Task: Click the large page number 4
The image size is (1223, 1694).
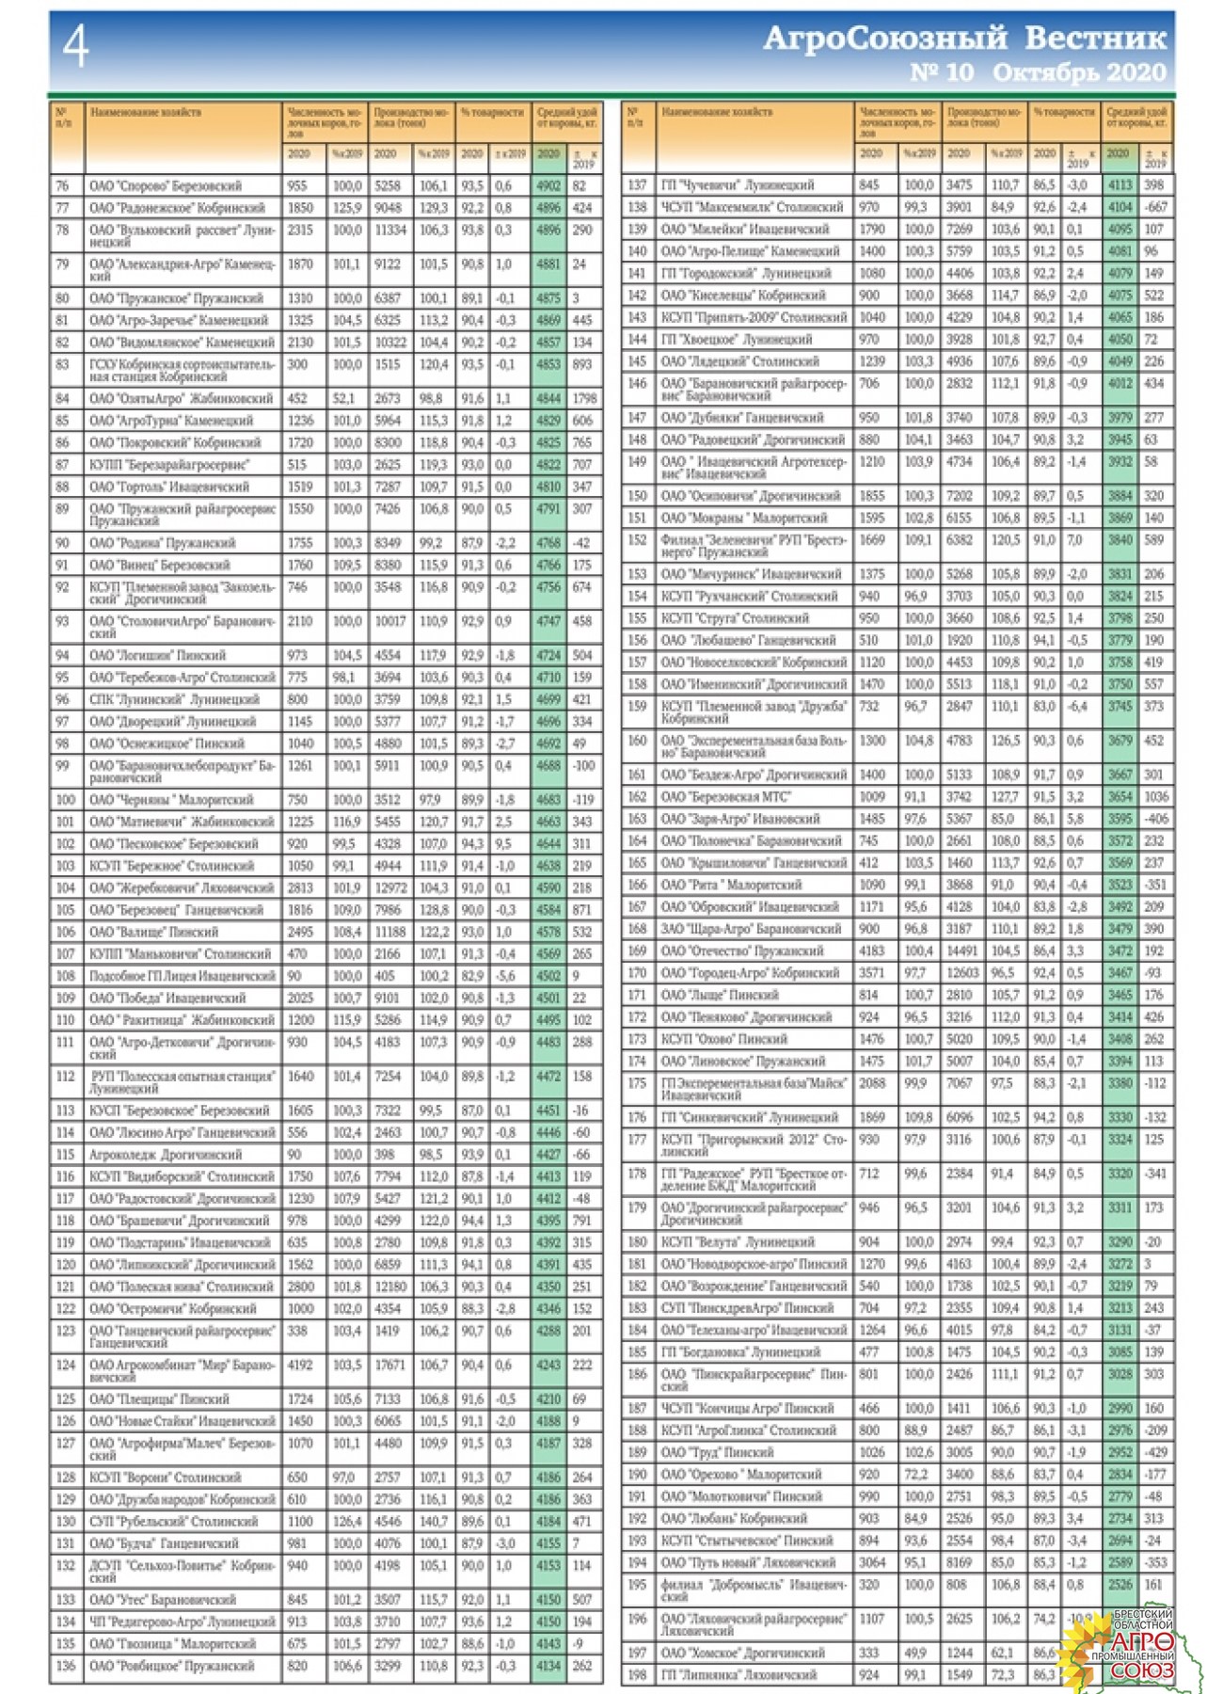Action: (x=76, y=46)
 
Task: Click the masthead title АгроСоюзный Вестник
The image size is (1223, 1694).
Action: (x=964, y=38)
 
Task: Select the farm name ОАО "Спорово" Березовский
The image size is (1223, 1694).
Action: (x=166, y=186)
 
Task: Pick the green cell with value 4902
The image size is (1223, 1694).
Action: (x=548, y=186)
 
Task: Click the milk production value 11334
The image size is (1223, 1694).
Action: (x=390, y=230)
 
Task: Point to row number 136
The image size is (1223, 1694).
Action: (x=65, y=1666)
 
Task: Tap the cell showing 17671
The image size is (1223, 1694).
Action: (x=390, y=1365)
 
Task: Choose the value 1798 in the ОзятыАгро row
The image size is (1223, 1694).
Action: (x=584, y=398)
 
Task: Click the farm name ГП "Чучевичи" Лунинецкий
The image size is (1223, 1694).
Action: (x=738, y=185)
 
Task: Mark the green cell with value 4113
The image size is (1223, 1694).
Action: (x=1120, y=185)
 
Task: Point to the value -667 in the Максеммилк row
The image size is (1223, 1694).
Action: (x=1155, y=207)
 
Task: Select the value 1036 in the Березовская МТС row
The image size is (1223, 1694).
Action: (x=1155, y=796)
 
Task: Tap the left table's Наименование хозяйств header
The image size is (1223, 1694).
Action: (x=146, y=112)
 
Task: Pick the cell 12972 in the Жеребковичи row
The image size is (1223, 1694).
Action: (x=390, y=887)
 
